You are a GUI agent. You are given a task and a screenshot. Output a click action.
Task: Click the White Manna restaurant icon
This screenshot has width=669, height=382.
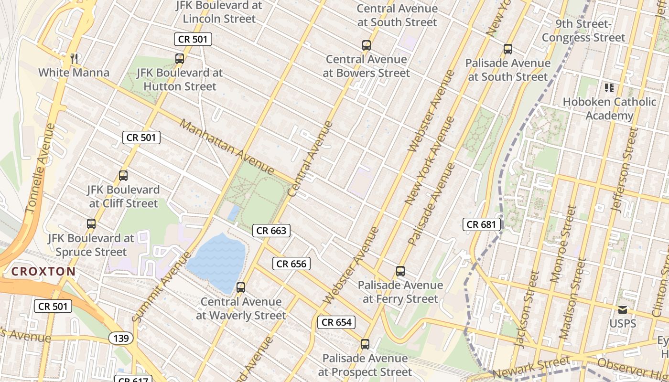[x=74, y=59]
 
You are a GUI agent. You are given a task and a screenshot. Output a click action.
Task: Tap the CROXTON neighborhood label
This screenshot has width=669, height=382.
[x=43, y=272]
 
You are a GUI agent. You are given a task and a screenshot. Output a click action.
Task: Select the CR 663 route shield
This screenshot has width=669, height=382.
[x=271, y=231]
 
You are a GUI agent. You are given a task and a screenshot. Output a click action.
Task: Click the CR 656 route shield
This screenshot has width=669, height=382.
[x=291, y=264]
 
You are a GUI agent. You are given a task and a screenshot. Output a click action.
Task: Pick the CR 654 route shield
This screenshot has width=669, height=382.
[x=337, y=322]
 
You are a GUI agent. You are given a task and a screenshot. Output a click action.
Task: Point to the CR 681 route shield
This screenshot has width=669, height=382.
[x=482, y=224]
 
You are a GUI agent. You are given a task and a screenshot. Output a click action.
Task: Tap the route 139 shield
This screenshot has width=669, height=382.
[x=121, y=339]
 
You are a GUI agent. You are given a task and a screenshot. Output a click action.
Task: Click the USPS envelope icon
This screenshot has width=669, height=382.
[x=623, y=310]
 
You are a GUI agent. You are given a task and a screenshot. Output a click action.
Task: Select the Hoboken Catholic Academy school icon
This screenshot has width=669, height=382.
[x=609, y=88]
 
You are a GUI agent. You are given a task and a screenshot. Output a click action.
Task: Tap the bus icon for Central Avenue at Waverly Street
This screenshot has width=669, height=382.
[x=241, y=287]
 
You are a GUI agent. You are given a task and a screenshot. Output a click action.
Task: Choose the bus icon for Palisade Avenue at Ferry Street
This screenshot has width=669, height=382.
[x=400, y=271]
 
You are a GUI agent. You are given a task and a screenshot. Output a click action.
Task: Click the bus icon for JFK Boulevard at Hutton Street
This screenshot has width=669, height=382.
[x=180, y=59]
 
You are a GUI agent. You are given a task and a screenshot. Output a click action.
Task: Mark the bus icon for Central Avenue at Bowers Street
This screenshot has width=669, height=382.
[x=367, y=45]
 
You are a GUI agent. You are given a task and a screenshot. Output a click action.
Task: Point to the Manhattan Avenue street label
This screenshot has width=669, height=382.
[x=227, y=147]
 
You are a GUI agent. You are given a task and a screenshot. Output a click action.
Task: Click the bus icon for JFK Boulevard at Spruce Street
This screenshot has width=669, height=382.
[x=91, y=223]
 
